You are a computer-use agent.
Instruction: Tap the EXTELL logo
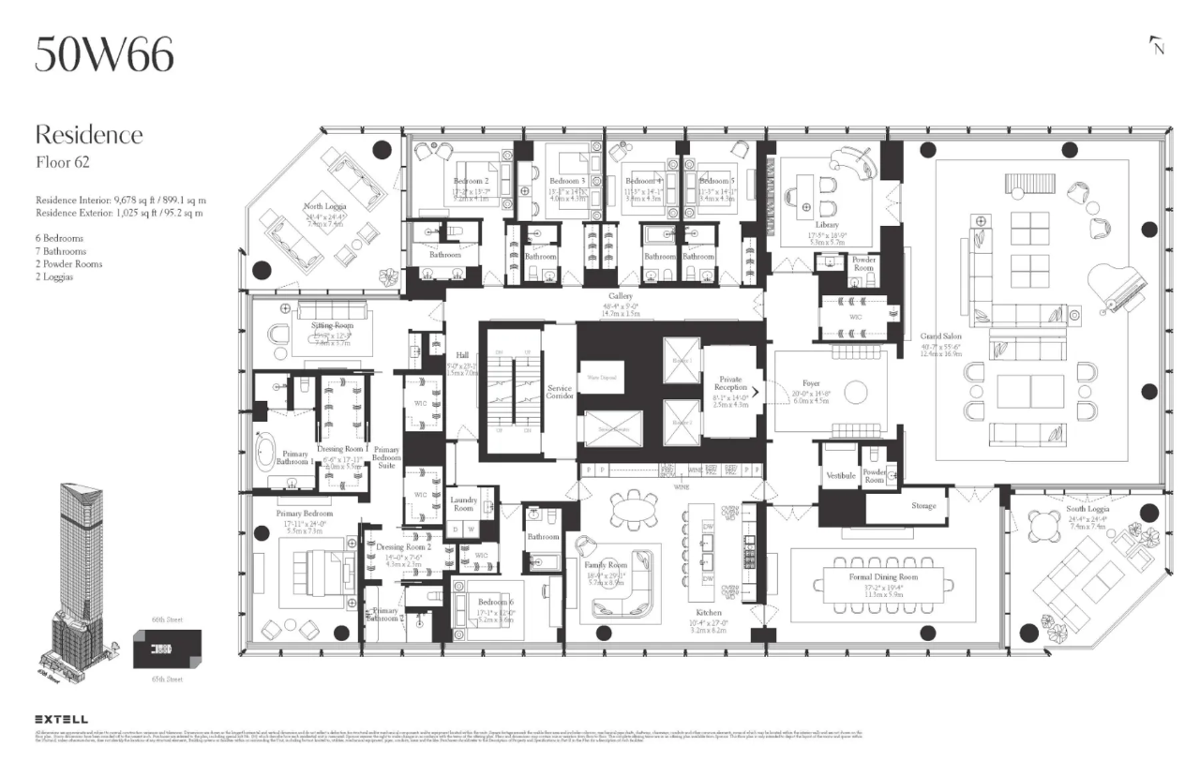point(62,719)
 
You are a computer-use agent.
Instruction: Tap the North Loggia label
point(324,207)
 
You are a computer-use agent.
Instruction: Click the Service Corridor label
point(560,391)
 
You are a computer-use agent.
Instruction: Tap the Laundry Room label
point(463,504)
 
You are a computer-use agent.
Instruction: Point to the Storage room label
point(923,506)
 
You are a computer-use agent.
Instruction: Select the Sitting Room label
point(330,325)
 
